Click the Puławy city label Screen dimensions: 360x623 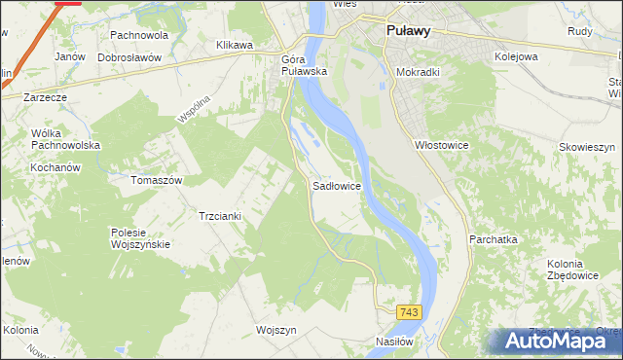408,30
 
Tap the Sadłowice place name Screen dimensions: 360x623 337,184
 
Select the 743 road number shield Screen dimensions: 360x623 409,311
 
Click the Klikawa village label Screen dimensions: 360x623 235,45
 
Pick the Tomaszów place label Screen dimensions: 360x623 157,180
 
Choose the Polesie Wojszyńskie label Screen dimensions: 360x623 141,238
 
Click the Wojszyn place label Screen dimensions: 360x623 275,329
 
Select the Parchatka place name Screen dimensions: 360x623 493,238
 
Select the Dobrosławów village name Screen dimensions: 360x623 128,57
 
